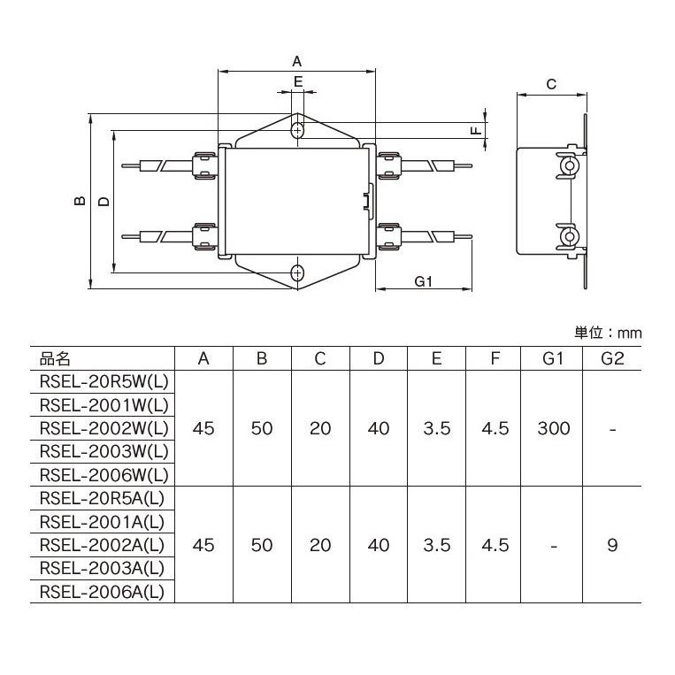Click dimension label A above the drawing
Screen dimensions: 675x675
click(x=297, y=61)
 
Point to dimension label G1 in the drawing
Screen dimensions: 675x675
click(x=423, y=281)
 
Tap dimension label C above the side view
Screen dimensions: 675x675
click(x=550, y=85)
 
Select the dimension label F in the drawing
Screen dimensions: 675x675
click(x=475, y=129)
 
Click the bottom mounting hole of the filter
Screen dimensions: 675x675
click(x=298, y=273)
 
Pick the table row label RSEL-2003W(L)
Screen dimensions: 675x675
click(x=104, y=451)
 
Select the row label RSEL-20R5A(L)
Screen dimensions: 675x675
click(x=103, y=499)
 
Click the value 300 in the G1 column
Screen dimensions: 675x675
click(x=553, y=428)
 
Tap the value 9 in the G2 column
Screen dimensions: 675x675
click(x=611, y=545)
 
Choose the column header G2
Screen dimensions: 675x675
click(x=611, y=358)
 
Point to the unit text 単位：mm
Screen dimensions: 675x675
click(x=608, y=333)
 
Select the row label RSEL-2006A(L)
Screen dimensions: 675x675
click(x=103, y=591)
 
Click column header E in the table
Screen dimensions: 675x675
click(x=436, y=358)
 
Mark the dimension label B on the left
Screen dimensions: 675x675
click(x=79, y=201)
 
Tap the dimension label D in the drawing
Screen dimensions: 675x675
click(x=104, y=201)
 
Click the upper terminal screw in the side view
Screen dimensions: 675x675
click(x=569, y=165)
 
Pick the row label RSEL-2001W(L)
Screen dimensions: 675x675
click(x=104, y=405)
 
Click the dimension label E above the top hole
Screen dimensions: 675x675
click(x=298, y=81)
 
